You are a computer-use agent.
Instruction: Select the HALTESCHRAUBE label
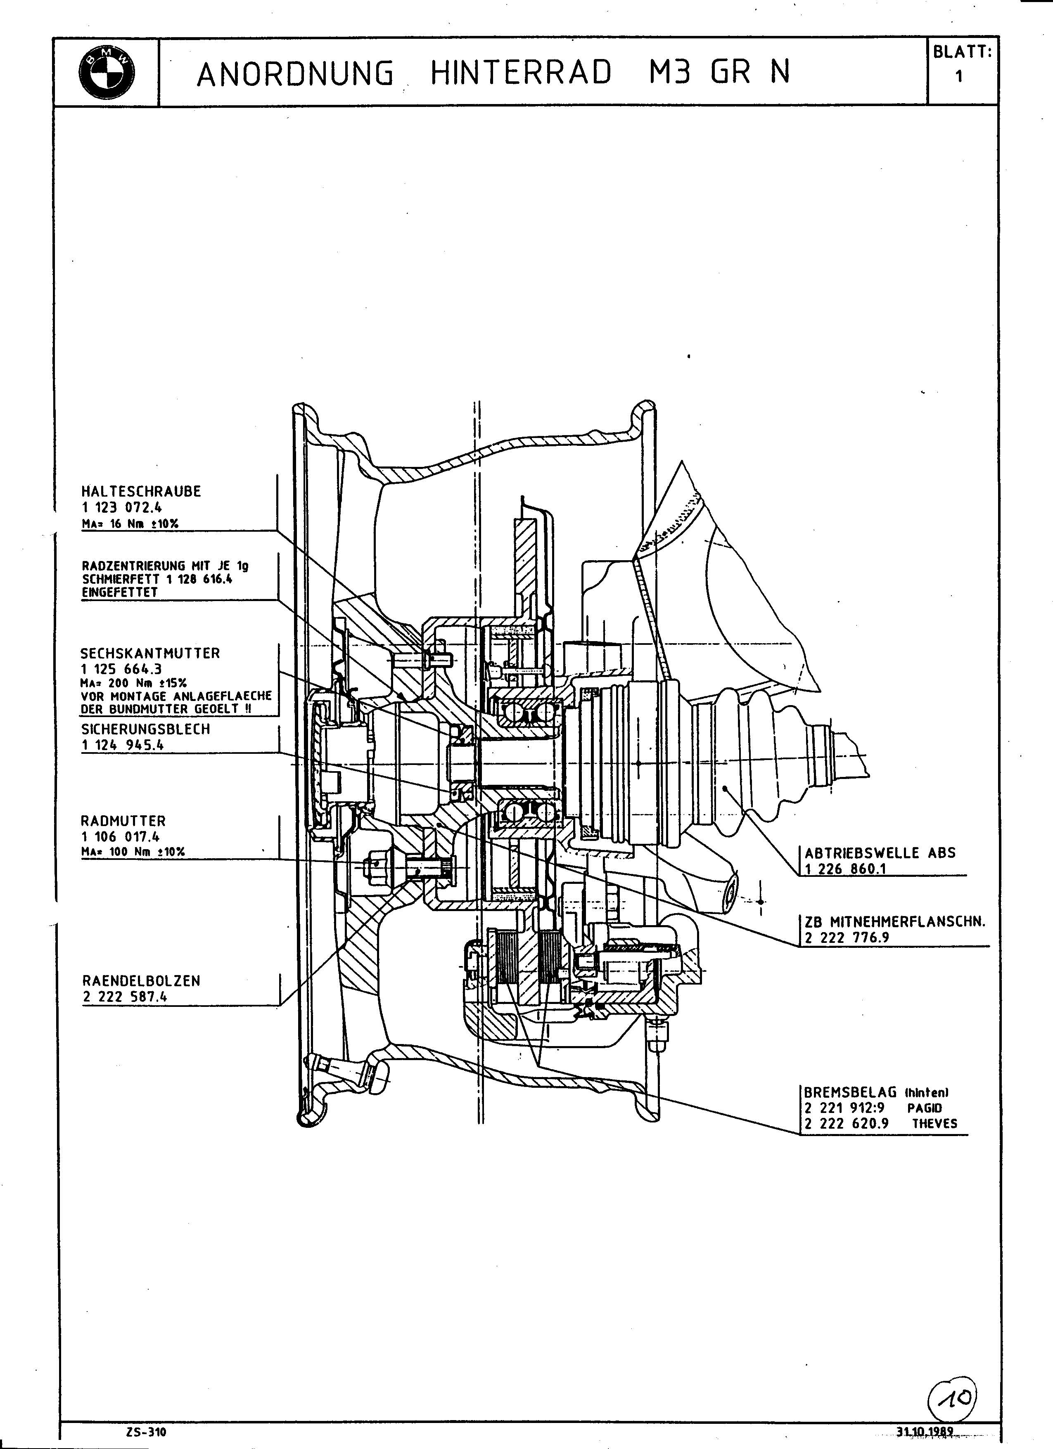tap(140, 491)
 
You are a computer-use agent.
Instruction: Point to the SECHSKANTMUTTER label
tap(150, 653)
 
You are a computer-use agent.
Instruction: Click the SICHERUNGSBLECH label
tap(146, 729)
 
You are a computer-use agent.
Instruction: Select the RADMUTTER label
tap(123, 820)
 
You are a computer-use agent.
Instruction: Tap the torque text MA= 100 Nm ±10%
tap(133, 852)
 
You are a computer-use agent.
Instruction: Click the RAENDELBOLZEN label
tap(141, 981)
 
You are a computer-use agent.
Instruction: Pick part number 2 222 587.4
tap(125, 997)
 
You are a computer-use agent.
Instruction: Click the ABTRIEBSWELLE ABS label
tap(880, 853)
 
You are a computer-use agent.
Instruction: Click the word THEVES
tap(935, 1124)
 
